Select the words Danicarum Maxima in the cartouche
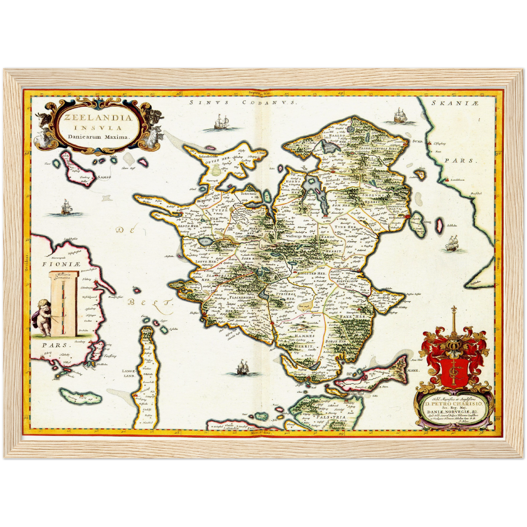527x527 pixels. click(98, 137)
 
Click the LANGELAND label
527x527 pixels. click(129, 373)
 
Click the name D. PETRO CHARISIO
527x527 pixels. click(452, 403)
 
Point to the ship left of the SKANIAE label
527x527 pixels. click(400, 116)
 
